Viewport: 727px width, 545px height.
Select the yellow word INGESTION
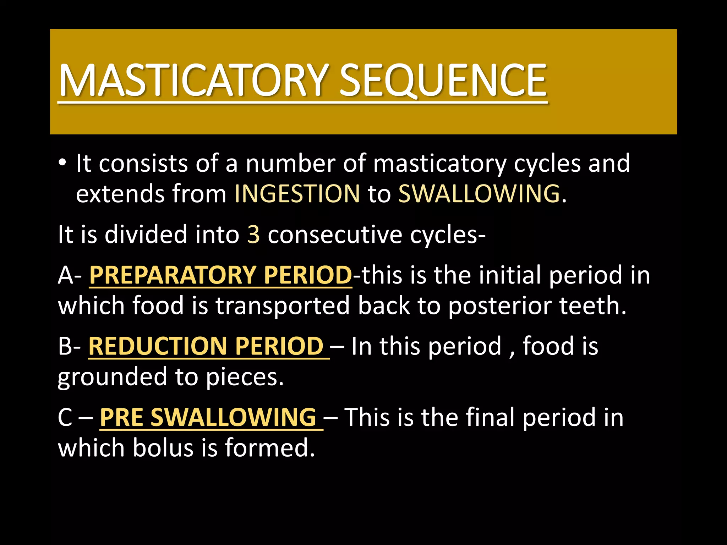297,194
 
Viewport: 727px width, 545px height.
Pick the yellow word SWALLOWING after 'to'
479,194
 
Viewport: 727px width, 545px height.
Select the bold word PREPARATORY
173,275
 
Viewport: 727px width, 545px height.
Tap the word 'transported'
283,306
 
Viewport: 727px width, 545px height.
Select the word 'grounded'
112,377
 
